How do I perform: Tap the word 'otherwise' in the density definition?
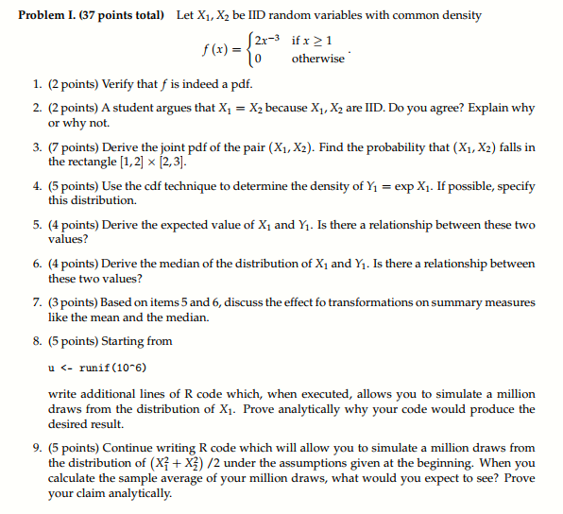pyautogui.click(x=318, y=59)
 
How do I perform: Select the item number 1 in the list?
pyautogui.click(x=35, y=86)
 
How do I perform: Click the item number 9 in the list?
pyautogui.click(x=35, y=448)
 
